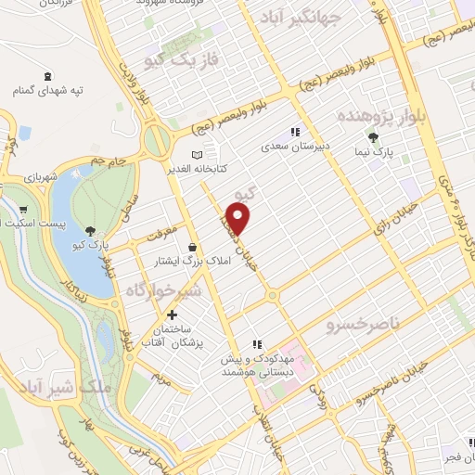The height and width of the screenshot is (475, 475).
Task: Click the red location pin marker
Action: point(239,218)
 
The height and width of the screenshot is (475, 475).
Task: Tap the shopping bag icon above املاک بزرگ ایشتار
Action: point(191,247)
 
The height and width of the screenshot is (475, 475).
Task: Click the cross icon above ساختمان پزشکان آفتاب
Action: point(171,315)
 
